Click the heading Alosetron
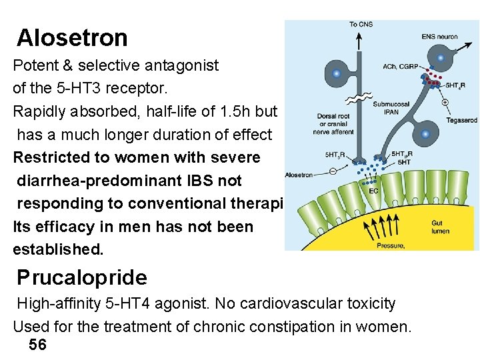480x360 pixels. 72,38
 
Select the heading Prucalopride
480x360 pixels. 82,277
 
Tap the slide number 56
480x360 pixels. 38,345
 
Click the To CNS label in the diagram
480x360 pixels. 361,25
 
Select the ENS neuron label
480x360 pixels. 439,36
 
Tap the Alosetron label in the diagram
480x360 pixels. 299,175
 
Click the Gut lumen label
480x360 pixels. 440,227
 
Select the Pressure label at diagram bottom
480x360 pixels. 390,246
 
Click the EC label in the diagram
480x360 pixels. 373,191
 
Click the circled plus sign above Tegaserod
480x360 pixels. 445,103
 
